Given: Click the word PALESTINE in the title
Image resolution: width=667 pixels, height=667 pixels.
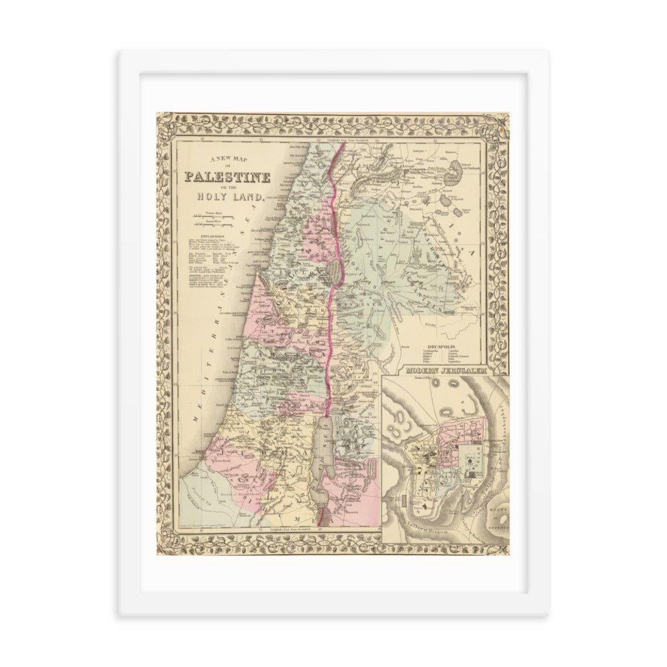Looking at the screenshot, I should [227, 177].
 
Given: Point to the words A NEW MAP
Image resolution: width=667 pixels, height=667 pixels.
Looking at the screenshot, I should [227, 158].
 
